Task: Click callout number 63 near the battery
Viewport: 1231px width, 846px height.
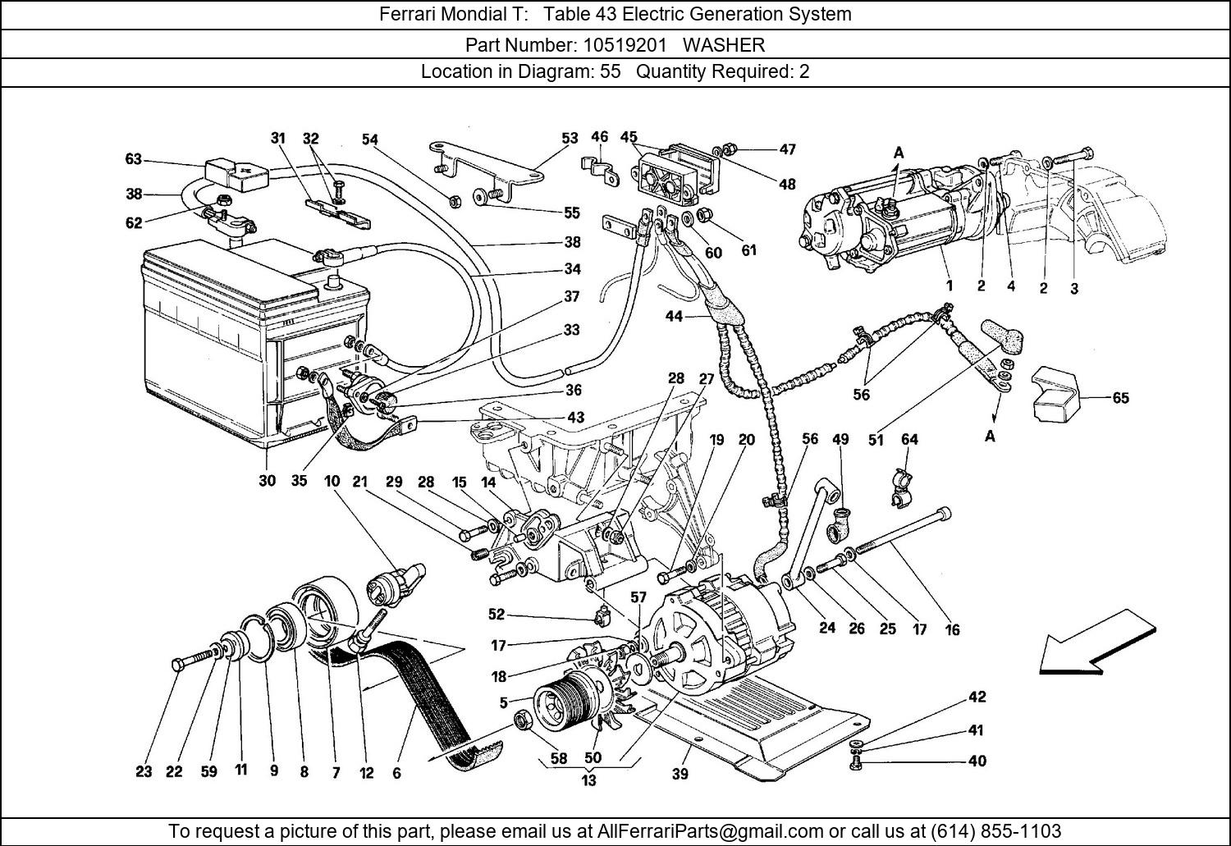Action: point(133,159)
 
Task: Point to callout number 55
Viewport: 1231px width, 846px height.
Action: point(572,213)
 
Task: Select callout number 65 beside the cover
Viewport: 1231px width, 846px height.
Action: point(1120,398)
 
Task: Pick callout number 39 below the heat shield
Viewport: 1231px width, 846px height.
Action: point(680,773)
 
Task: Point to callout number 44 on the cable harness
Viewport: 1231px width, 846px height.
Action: point(674,316)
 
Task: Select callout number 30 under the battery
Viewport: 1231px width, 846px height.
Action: point(267,481)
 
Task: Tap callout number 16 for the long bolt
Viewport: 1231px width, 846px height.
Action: point(952,629)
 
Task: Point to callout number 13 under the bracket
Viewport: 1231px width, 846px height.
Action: point(588,780)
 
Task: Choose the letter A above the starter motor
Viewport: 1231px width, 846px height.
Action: point(899,153)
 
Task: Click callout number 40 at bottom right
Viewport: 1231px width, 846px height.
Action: point(977,761)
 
